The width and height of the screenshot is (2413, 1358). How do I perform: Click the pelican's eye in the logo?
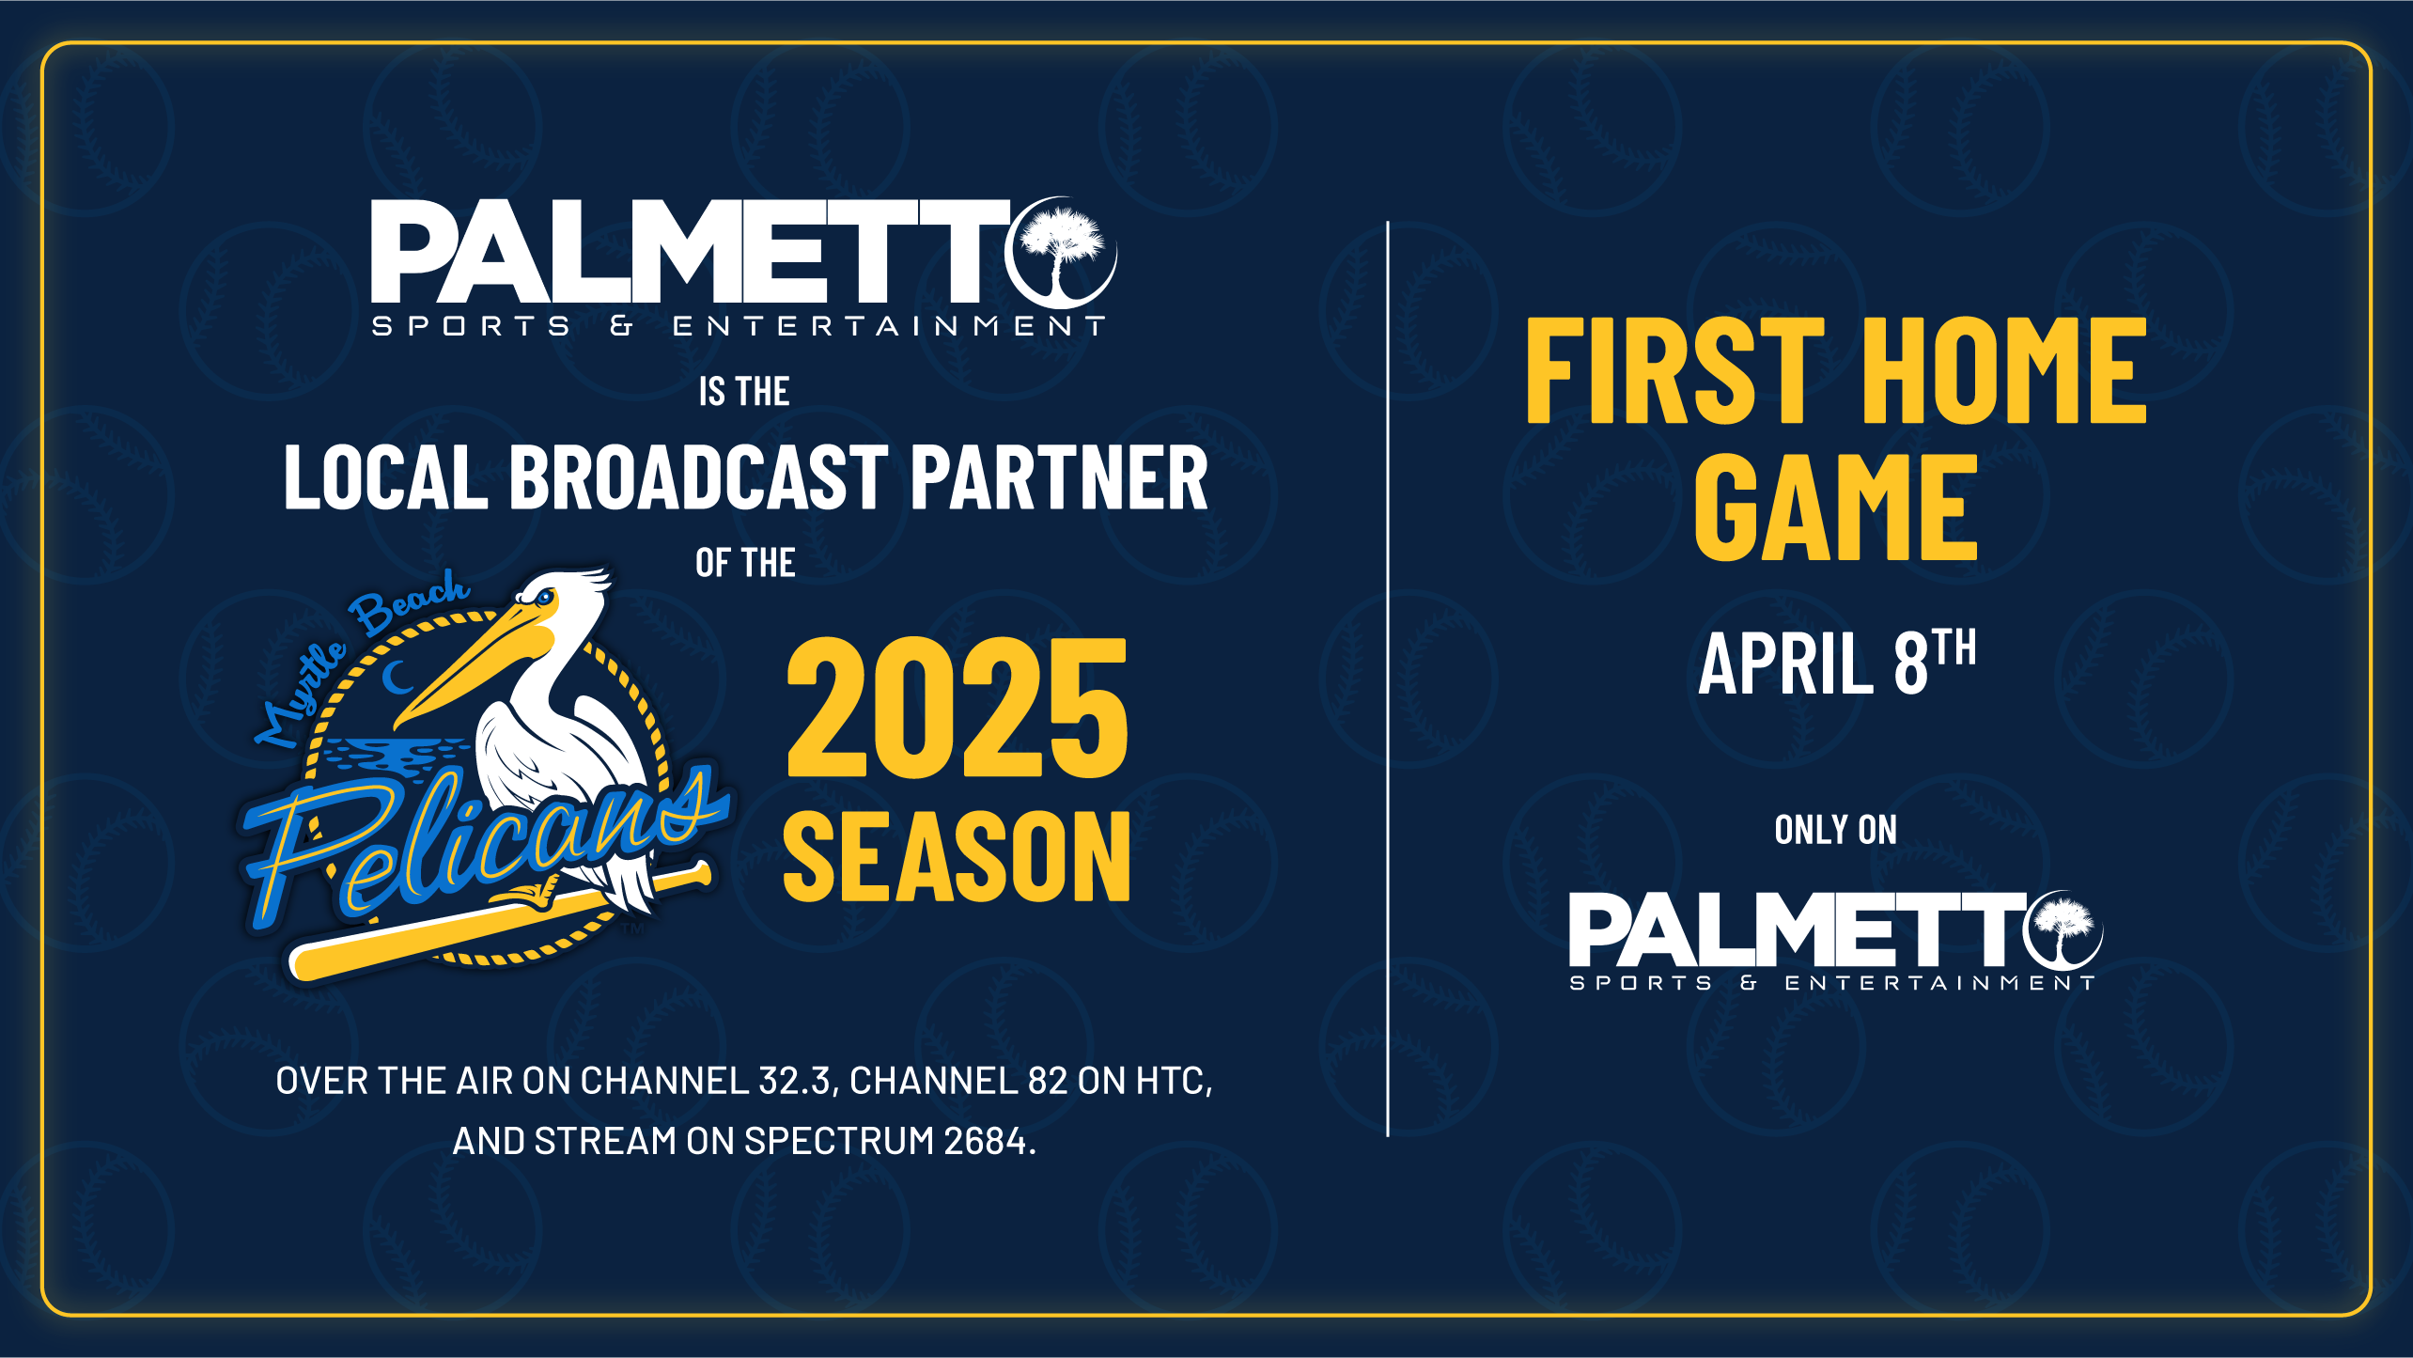coord(545,597)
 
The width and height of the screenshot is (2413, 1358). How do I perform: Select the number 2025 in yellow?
coord(957,710)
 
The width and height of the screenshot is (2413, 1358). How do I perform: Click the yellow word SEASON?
coord(957,857)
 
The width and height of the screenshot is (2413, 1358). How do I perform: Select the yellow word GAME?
coord(1835,507)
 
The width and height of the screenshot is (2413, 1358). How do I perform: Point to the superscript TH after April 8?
coord(1954,648)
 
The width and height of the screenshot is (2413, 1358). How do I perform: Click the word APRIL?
coord(1785,664)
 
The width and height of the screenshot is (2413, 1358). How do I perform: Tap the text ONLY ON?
coord(1835,830)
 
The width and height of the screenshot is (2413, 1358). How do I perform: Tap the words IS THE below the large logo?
coord(743,392)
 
